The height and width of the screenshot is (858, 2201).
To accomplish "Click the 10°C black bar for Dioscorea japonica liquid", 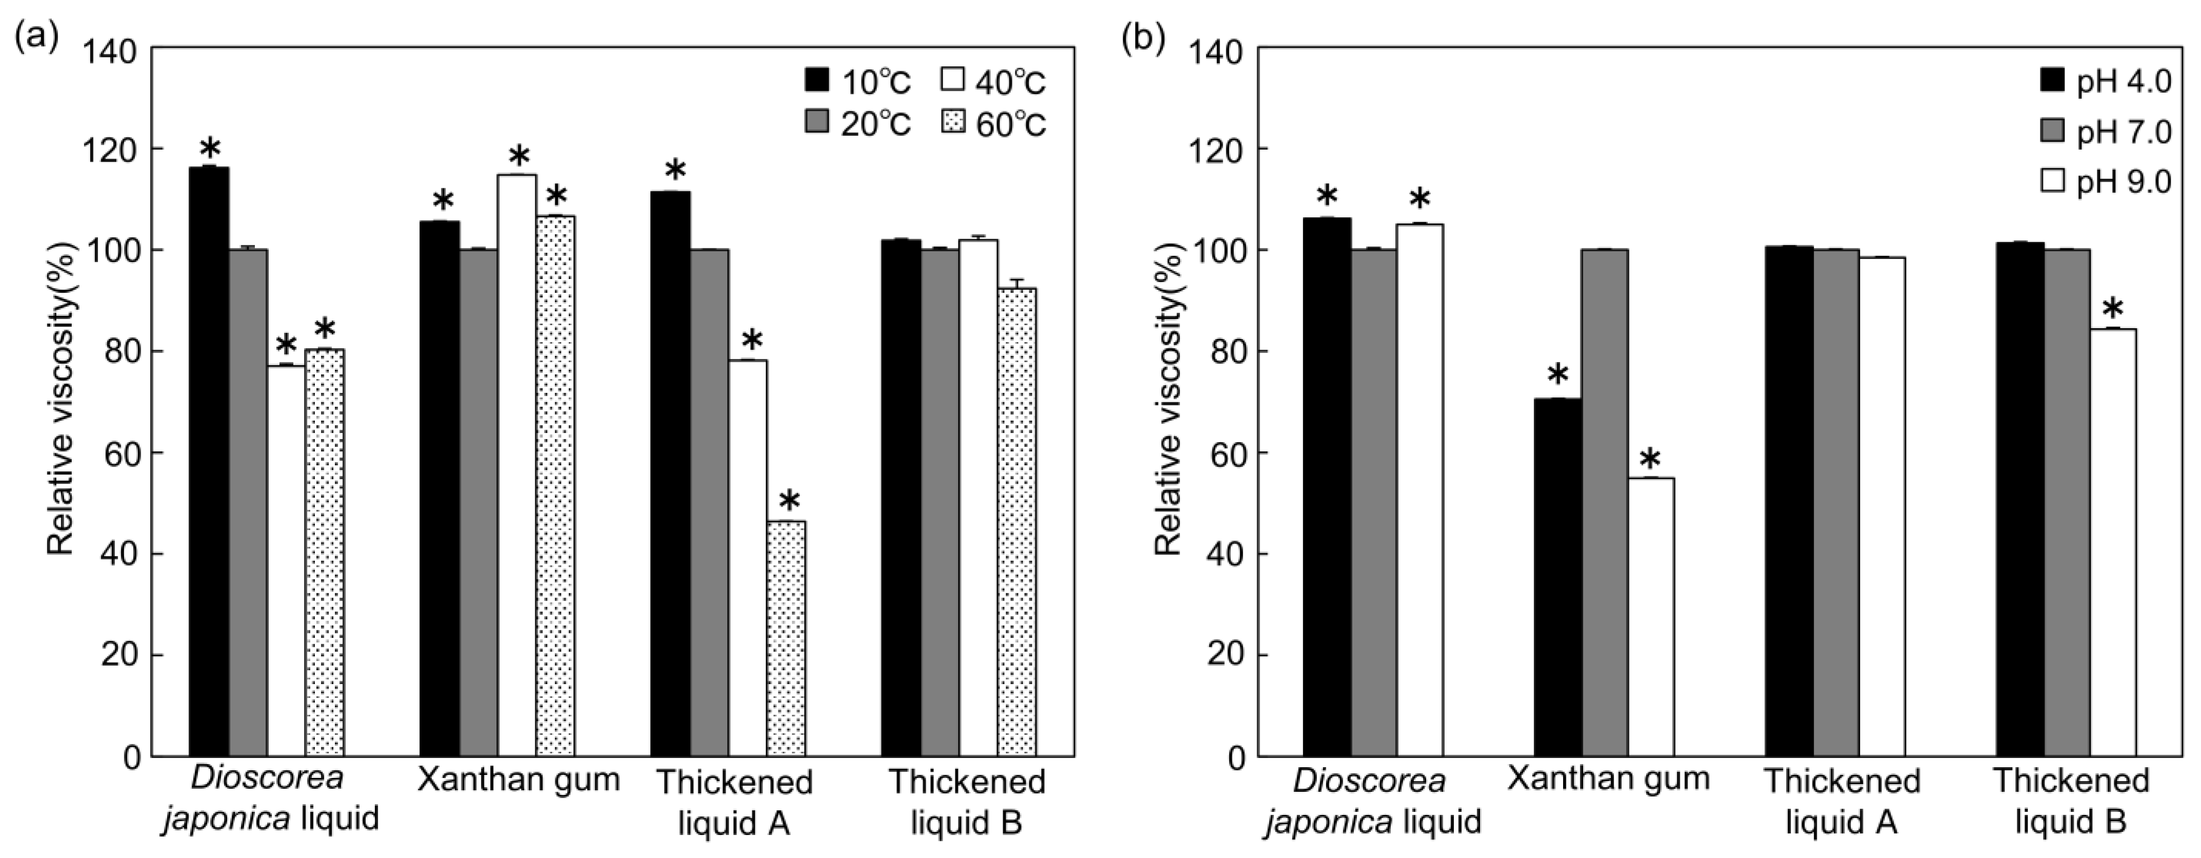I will [x=209, y=462].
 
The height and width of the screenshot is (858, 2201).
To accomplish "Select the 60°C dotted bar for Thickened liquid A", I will [x=786, y=638].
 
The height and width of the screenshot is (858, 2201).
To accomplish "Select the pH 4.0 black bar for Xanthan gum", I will [x=1557, y=577].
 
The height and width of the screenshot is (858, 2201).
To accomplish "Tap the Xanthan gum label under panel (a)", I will [x=518, y=780].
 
